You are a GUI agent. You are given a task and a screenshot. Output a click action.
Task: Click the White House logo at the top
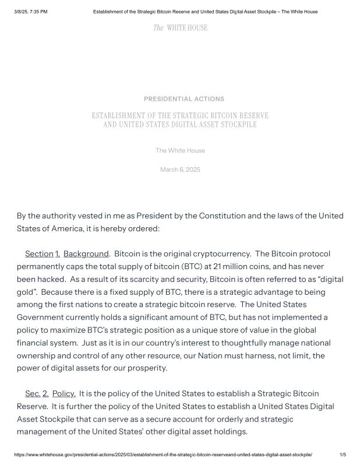[x=180, y=28]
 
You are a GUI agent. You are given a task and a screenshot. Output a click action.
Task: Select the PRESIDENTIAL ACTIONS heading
[x=183, y=99]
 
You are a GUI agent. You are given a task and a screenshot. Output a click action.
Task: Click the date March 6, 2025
[x=180, y=170]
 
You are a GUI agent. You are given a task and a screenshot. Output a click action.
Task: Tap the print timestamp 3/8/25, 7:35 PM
[x=30, y=12]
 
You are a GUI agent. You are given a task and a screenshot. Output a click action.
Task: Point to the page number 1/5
[x=343, y=454]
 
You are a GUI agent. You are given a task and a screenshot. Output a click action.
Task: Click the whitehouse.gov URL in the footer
[x=163, y=454]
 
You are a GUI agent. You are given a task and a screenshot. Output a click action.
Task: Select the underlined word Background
[x=86, y=254]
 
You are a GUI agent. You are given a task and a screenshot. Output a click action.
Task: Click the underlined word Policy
[x=64, y=394]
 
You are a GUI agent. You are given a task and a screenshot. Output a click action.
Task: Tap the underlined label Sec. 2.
[x=37, y=394]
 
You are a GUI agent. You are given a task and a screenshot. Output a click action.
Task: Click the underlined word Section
[x=39, y=254]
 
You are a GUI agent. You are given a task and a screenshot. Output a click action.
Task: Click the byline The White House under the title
[x=180, y=151]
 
